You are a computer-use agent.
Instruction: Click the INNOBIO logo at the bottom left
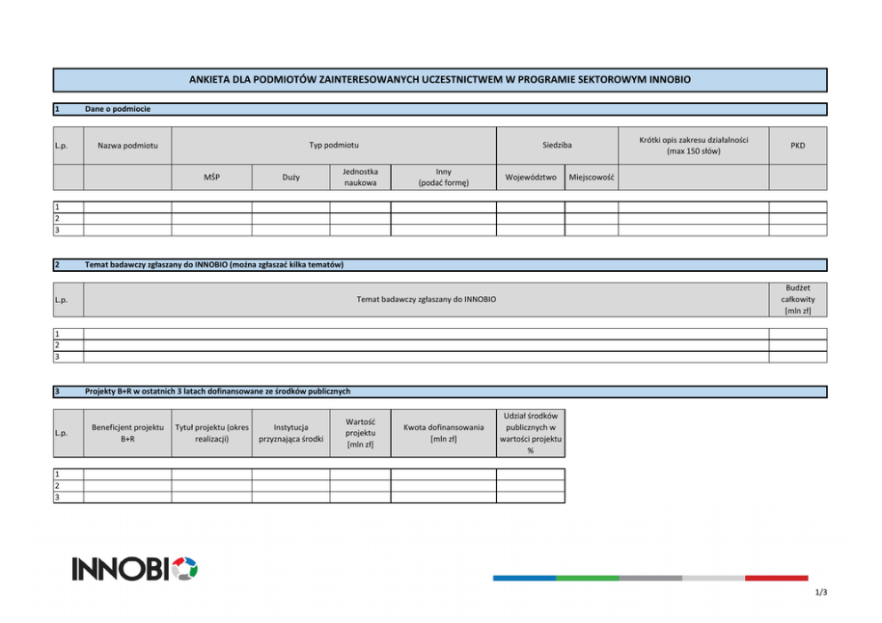click(x=134, y=569)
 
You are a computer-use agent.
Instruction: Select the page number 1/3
click(x=820, y=593)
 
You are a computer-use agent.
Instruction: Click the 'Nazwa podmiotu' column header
click(x=127, y=145)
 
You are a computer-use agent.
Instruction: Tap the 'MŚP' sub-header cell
click(x=212, y=177)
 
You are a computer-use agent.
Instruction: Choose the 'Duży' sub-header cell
click(x=291, y=177)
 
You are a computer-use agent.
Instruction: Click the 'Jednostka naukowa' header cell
click(x=360, y=177)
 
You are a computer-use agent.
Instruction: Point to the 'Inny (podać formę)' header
click(x=443, y=177)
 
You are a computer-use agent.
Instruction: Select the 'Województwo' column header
click(x=530, y=177)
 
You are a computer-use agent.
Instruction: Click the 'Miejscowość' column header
click(x=591, y=177)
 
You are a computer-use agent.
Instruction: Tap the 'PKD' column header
click(x=798, y=145)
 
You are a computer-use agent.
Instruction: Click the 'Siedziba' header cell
click(x=557, y=145)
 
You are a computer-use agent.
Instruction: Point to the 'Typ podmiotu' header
click(x=333, y=145)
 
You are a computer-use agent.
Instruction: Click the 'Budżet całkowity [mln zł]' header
click(x=798, y=300)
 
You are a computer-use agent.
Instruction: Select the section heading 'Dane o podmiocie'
click(x=117, y=109)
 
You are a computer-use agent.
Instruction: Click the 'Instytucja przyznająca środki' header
click(x=291, y=433)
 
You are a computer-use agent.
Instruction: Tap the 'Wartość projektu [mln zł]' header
click(x=360, y=433)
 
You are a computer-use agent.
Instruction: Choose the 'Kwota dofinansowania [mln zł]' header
click(x=443, y=433)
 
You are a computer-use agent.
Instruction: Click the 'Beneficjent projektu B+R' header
click(x=127, y=433)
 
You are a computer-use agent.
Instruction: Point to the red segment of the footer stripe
click(x=776, y=578)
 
